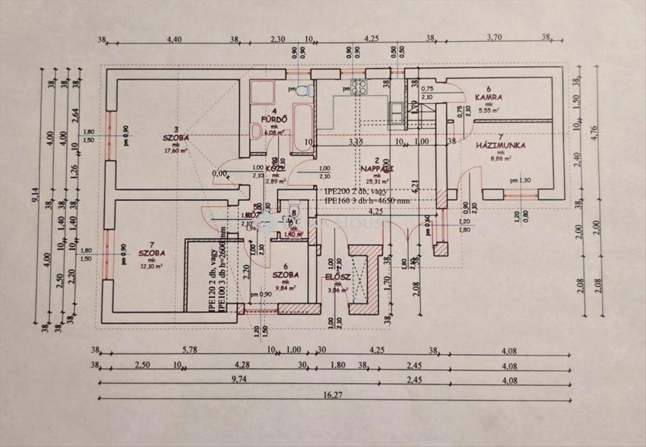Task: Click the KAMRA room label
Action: click(488, 97)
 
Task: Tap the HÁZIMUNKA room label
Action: click(501, 145)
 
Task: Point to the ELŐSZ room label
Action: click(338, 277)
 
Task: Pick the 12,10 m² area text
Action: click(151, 266)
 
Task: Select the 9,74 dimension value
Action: click(239, 380)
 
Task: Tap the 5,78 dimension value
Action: click(188, 350)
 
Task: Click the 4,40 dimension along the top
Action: click(175, 39)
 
